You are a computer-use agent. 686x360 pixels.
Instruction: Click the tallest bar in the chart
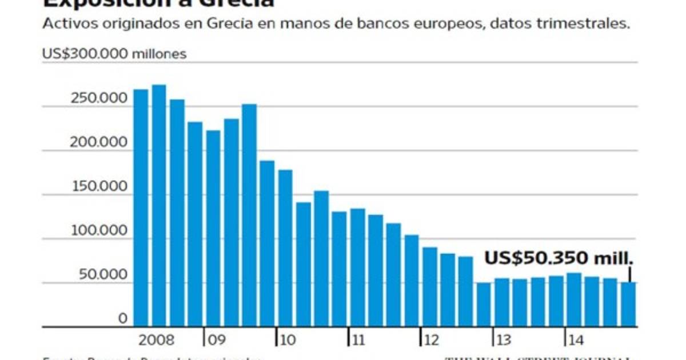tap(159, 206)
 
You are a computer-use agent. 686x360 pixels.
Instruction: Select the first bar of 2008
tap(141, 208)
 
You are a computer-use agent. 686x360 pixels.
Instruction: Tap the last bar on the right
tap(628, 305)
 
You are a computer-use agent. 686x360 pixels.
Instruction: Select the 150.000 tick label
tap(98, 187)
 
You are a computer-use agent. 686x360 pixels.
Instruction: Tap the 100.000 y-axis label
tap(98, 231)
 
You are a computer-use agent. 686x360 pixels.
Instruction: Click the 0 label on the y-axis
tap(122, 319)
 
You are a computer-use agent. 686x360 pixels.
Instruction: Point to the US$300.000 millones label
tap(114, 54)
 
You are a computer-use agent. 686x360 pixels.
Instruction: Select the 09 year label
tap(216, 341)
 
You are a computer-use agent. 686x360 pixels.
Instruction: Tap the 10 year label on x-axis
tap(288, 341)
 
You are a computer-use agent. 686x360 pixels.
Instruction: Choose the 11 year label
tap(358, 341)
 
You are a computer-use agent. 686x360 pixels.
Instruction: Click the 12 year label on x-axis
tap(432, 341)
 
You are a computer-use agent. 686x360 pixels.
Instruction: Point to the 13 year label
tap(504, 341)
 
